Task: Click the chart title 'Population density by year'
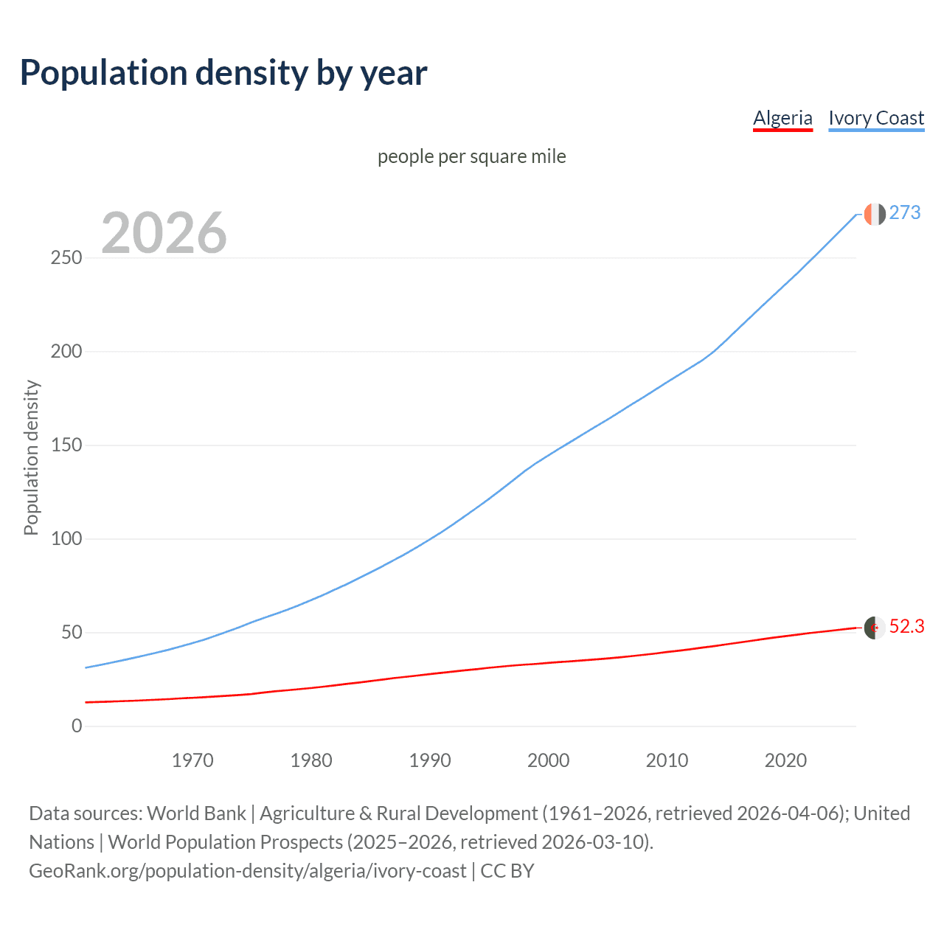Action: (x=223, y=73)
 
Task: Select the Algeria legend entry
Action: (x=782, y=118)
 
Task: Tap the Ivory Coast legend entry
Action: (x=876, y=118)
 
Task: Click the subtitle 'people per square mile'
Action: (x=472, y=156)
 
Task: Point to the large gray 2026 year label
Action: (x=164, y=233)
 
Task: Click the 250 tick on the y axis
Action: (x=66, y=258)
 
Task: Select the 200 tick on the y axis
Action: (x=66, y=352)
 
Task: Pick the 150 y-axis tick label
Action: (x=66, y=445)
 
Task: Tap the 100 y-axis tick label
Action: (x=66, y=539)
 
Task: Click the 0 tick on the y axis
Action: (x=77, y=726)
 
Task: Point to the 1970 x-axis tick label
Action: (x=192, y=760)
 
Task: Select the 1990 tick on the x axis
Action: (x=430, y=760)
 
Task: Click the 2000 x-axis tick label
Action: (x=549, y=760)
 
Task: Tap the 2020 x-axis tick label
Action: (x=785, y=760)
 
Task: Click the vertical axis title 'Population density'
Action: (x=31, y=457)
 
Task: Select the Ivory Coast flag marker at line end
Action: (x=875, y=214)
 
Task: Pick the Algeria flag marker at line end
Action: (x=875, y=628)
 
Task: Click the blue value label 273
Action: (x=905, y=213)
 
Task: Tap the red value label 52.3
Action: (x=906, y=627)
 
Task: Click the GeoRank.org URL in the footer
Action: (x=248, y=871)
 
